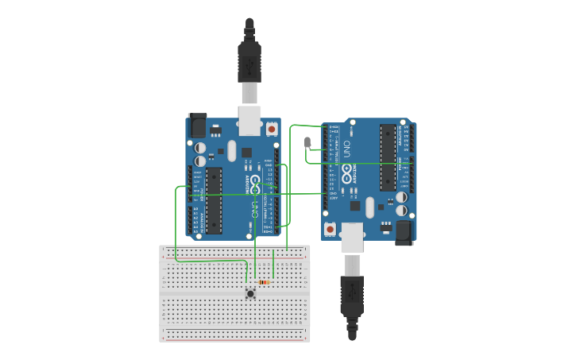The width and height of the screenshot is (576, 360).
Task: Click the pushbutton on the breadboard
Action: (x=250, y=293)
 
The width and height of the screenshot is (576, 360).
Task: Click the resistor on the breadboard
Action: (x=265, y=282)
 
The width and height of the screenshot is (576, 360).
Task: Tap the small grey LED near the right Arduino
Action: (x=307, y=142)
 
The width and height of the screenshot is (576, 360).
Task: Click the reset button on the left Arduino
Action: (x=272, y=128)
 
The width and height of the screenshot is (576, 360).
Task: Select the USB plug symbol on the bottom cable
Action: (x=351, y=296)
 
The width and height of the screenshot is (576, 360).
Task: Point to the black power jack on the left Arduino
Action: (x=197, y=125)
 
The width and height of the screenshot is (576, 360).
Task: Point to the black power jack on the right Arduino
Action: (x=404, y=231)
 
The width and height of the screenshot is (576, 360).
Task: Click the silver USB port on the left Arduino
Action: (x=249, y=120)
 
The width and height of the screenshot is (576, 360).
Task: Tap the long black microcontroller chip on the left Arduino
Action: (x=214, y=200)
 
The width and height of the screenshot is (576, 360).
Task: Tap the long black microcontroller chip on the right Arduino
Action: (x=388, y=157)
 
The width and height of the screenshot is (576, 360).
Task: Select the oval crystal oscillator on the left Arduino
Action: (x=232, y=150)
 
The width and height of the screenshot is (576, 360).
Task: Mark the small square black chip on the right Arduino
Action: (x=355, y=207)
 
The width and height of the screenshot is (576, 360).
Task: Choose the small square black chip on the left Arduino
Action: (x=247, y=152)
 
